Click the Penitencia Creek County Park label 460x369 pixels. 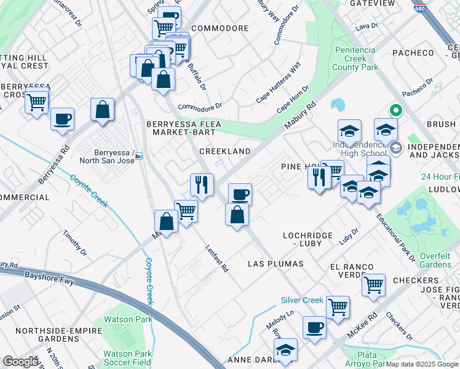355,58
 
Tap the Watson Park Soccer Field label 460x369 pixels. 127,359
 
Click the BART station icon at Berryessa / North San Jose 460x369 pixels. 140,156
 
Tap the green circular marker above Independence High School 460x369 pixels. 397,111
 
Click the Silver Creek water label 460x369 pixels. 302,300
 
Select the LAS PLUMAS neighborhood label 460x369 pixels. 276,264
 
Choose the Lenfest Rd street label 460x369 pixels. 216,259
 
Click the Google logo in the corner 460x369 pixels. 20,362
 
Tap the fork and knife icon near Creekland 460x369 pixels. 202,183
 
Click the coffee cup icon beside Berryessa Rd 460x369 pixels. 62,119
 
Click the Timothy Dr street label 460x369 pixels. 72,244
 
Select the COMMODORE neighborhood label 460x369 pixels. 220,28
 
